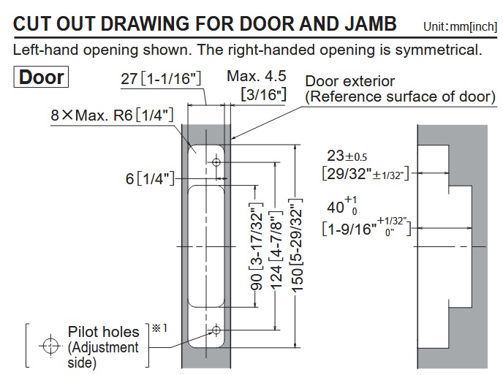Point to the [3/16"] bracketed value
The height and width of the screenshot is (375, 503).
click(264, 94)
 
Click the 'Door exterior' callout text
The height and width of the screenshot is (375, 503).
click(350, 81)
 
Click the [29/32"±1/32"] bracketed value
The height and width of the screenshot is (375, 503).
click(363, 173)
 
